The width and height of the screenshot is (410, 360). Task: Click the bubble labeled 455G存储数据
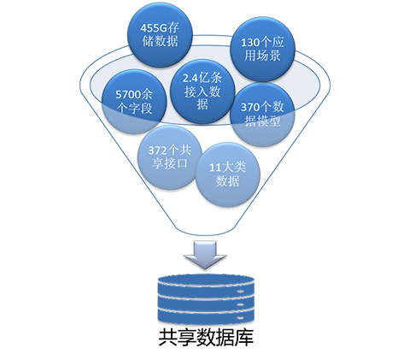(160, 35)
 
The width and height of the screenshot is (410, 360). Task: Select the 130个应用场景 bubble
(262, 49)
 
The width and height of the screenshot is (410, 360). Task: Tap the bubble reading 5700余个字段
(134, 102)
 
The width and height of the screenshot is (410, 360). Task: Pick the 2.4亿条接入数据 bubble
(202, 91)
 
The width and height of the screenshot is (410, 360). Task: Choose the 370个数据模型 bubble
(262, 115)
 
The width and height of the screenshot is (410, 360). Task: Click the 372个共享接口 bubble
(170, 157)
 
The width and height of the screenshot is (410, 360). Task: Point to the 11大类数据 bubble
(227, 174)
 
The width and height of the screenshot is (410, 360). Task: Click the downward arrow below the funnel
(205, 255)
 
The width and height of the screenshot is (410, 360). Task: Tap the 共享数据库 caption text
(206, 338)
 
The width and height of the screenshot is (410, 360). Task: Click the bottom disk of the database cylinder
(206, 317)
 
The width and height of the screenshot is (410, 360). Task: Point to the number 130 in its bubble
(250, 43)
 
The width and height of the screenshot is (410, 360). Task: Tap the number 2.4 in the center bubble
(190, 78)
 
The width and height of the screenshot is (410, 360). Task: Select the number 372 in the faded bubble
(157, 150)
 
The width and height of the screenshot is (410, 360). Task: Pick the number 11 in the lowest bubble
(215, 168)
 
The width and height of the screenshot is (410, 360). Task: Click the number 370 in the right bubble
(250, 108)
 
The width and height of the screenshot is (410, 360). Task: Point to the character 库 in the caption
(244, 338)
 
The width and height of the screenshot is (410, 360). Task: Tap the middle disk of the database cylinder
(206, 303)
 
